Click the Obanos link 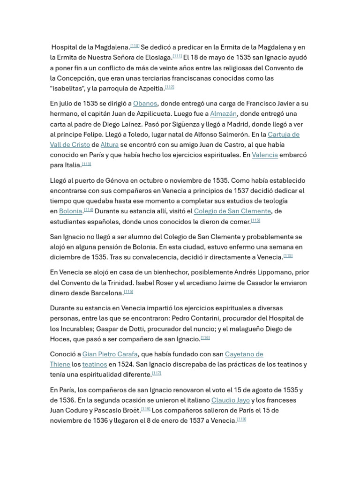click(145, 104)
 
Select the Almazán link click(224, 114)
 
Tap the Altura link click(110, 145)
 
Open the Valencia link click(265, 155)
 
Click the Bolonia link click(71, 211)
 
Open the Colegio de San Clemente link click(232, 211)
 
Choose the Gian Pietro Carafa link click(110, 354)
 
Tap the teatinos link click(95, 365)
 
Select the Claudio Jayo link click(230, 400)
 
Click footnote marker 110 click(135, 46)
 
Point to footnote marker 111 click(177, 56)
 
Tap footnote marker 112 click(170, 87)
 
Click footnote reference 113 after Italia click(86, 164)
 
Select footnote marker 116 click(205, 337)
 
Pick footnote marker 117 click(157, 373)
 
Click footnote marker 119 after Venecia click(241, 419)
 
